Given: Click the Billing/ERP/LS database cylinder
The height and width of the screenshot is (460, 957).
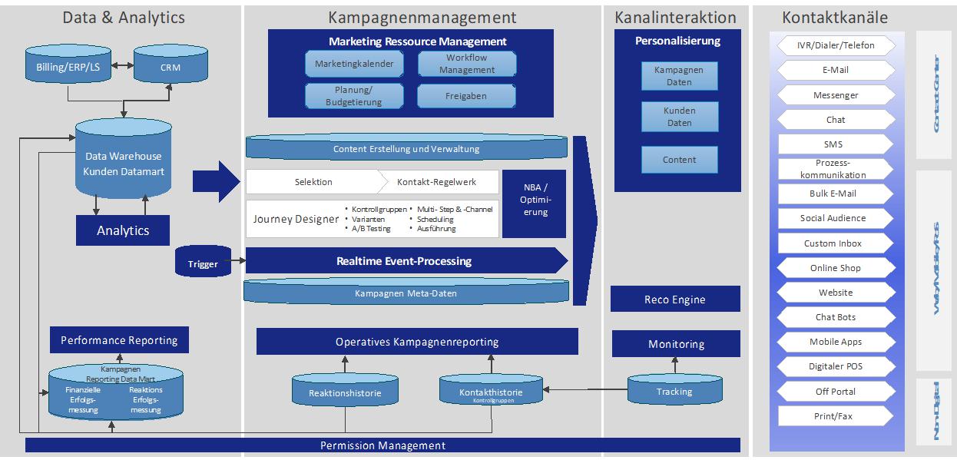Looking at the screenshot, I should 68,66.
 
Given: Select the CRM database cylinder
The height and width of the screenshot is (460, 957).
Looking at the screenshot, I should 171,66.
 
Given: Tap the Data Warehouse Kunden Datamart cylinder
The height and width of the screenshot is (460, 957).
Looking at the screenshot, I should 123,162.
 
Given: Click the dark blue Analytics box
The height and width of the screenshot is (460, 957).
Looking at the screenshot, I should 123,230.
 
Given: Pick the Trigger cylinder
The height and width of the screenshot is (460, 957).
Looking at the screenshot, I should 203,263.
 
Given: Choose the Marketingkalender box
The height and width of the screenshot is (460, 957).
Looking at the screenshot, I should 354,64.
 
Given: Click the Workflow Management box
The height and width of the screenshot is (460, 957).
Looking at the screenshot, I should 467,64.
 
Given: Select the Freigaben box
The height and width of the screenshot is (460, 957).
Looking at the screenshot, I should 467,97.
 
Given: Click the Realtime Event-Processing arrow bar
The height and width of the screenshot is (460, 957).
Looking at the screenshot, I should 403,261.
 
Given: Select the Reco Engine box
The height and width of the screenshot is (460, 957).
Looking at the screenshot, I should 674,299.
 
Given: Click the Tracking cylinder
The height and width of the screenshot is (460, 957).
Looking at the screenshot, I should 674,392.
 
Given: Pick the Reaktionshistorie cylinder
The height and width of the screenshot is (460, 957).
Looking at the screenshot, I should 345,393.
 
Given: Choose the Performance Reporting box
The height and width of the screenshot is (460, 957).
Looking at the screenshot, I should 119,340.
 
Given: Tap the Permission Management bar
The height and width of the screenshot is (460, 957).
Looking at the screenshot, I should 382,445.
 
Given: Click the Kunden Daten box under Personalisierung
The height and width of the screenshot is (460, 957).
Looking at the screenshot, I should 679,117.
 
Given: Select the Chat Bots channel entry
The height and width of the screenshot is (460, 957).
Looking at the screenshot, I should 835,317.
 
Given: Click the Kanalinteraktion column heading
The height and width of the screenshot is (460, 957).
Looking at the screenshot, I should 675,18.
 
